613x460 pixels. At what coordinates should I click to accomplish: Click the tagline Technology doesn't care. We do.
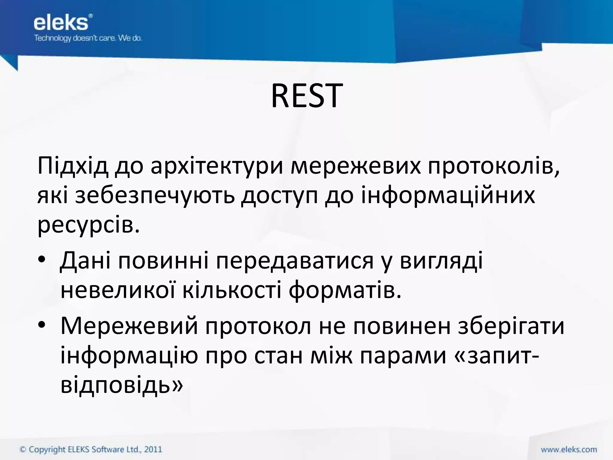[88, 38]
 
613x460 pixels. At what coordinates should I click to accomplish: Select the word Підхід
[72, 167]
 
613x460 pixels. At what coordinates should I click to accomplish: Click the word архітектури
[217, 167]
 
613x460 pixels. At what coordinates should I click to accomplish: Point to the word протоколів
[493, 167]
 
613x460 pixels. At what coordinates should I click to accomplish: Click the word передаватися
[295, 261]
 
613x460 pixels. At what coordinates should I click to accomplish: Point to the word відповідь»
[121, 385]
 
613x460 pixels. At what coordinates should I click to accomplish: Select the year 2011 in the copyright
[153, 450]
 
